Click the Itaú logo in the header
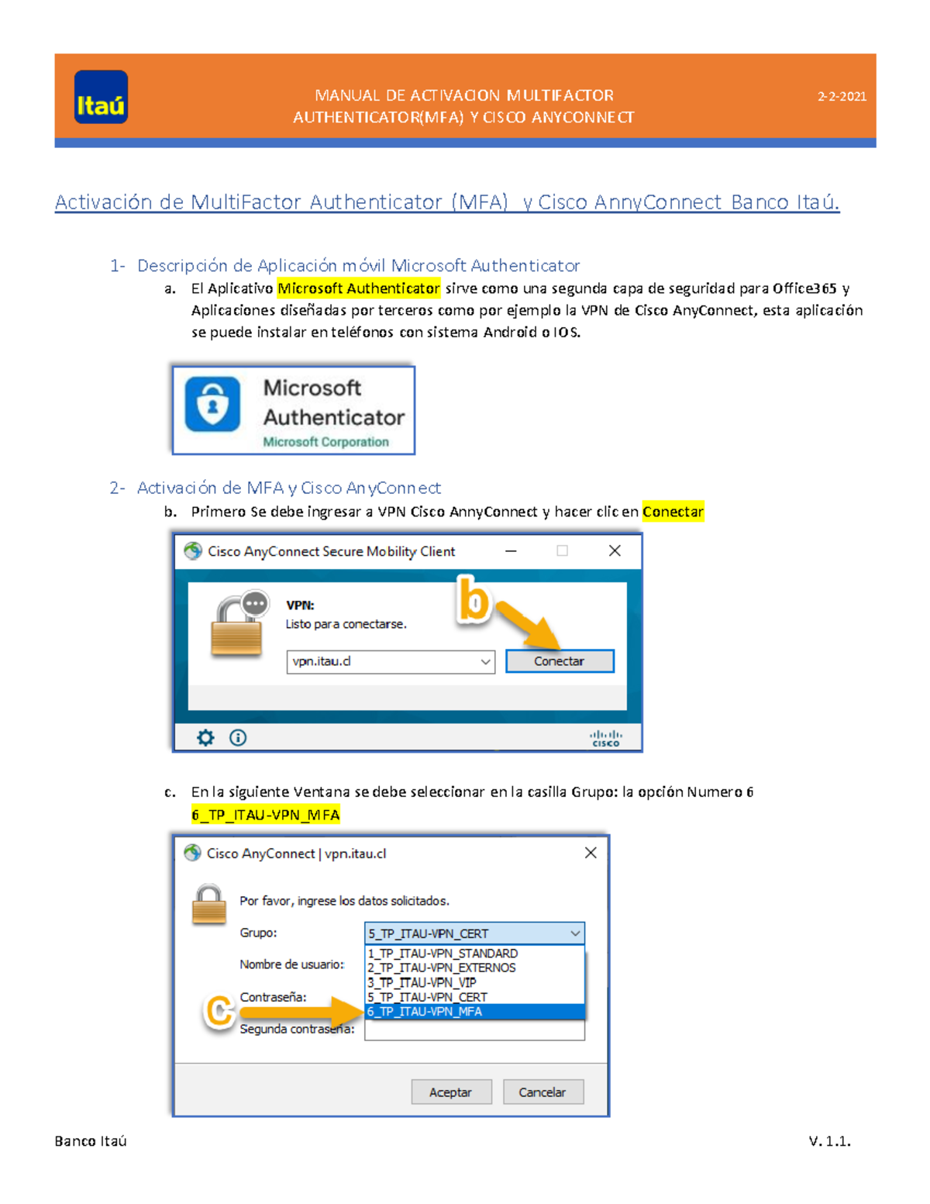tap(101, 98)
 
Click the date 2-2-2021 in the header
tap(842, 97)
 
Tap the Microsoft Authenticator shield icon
tap(212, 404)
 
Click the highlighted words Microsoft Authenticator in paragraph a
tap(359, 288)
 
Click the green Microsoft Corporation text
tap(325, 442)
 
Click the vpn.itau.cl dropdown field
tap(390, 661)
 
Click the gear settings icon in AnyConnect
tap(205, 737)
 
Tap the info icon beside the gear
tap(238, 737)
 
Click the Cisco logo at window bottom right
tap(605, 738)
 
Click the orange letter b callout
tap(474, 600)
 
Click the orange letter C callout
tap(219, 1011)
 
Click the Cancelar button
tap(542, 1092)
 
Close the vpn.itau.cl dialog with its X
tap(591, 853)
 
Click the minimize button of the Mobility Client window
tap(511, 551)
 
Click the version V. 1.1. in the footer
tap(829, 1141)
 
